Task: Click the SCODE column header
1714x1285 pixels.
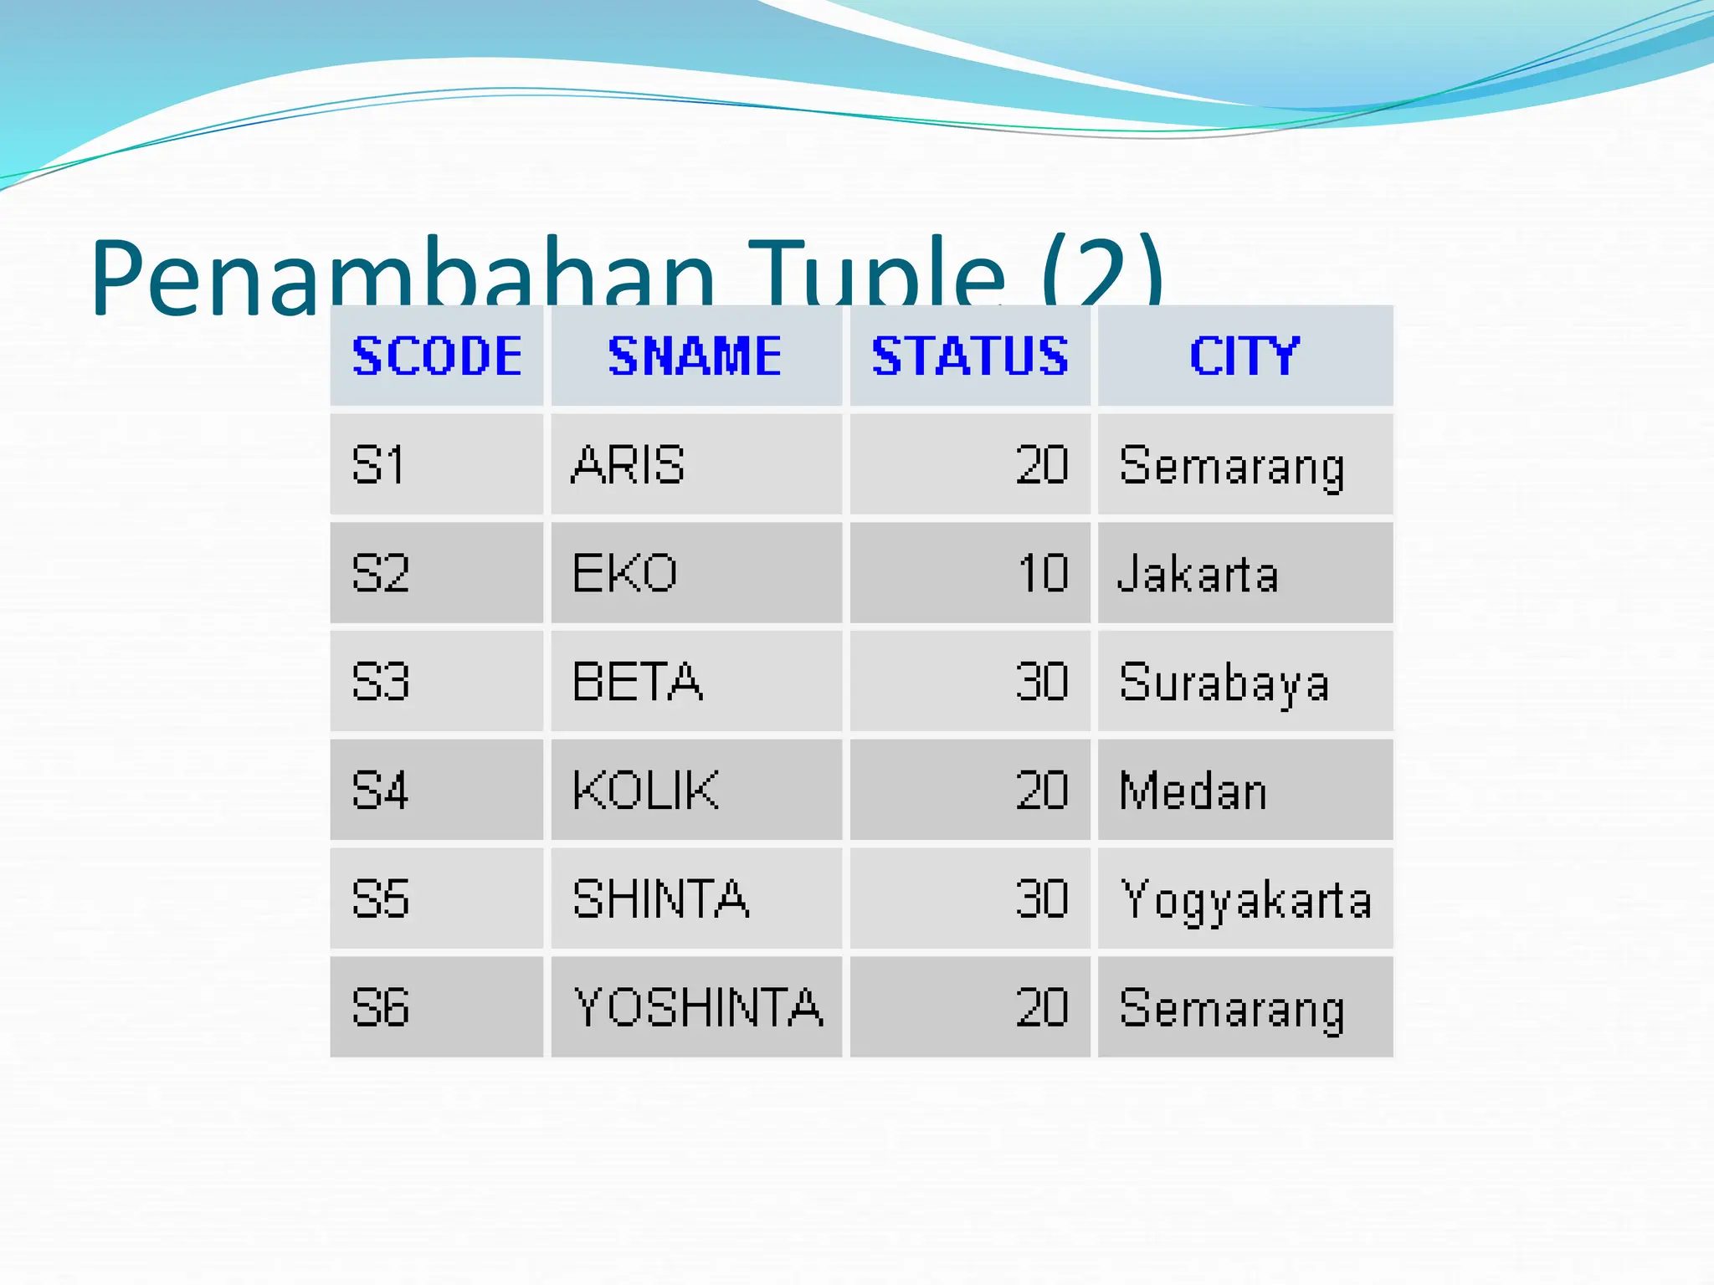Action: point(437,356)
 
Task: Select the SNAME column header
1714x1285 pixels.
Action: point(695,356)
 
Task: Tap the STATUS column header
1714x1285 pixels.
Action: point(970,356)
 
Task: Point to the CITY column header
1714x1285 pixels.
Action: point(1244,356)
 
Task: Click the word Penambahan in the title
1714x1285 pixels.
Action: point(402,276)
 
